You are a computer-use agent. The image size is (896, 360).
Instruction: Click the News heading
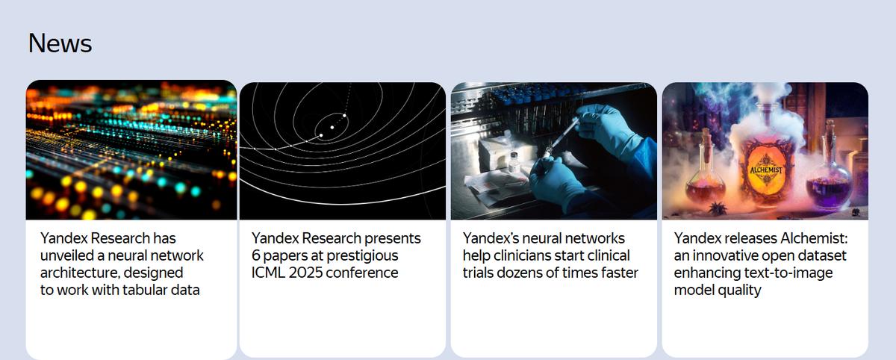[60, 43]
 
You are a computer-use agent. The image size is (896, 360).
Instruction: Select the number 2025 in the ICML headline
[305, 273]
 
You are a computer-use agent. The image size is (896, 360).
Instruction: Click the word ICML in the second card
[268, 273]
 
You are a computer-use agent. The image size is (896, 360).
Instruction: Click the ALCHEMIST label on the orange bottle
[766, 170]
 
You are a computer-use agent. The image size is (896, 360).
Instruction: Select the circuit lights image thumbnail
[131, 150]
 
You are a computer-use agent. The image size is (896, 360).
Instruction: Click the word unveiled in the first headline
[66, 255]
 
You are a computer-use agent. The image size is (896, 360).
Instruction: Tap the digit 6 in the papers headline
[255, 255]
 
